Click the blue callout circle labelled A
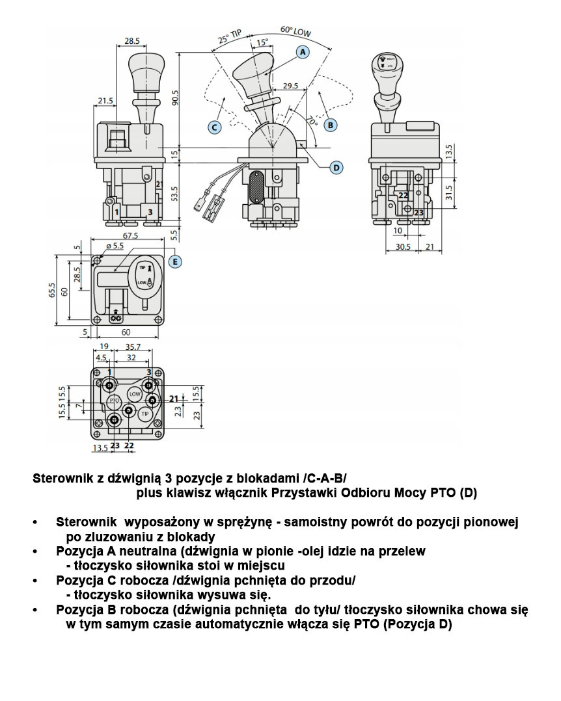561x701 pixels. (303, 51)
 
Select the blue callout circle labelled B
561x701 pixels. (331, 124)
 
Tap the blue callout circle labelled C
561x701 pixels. (214, 127)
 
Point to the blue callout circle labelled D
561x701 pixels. (336, 168)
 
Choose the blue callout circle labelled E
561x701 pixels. (174, 261)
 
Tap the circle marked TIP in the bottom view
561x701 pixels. (144, 414)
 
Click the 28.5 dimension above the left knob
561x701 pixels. (132, 40)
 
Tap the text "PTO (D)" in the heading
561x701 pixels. (454, 494)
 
